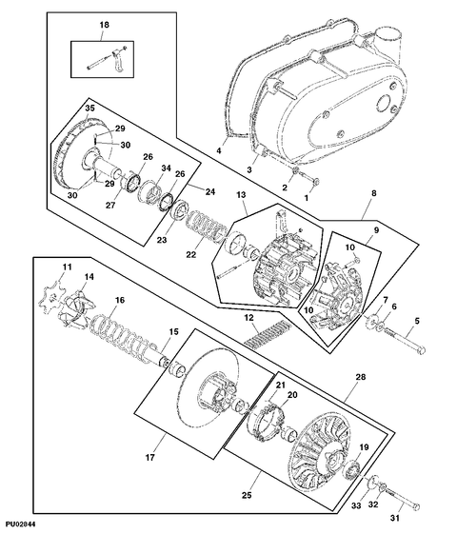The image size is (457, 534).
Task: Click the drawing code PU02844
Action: point(20,524)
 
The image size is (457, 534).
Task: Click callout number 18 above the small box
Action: point(104,25)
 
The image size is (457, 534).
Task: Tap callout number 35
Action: point(89,109)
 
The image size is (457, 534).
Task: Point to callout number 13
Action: point(241,194)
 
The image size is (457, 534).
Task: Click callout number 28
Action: point(361,377)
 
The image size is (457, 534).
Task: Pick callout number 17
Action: point(149,457)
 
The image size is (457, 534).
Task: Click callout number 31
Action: point(394,519)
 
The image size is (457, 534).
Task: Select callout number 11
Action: point(67,267)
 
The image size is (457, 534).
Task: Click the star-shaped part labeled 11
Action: point(50,299)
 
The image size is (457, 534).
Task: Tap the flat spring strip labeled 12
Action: point(268,334)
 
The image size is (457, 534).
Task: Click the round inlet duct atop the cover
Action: point(388,38)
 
